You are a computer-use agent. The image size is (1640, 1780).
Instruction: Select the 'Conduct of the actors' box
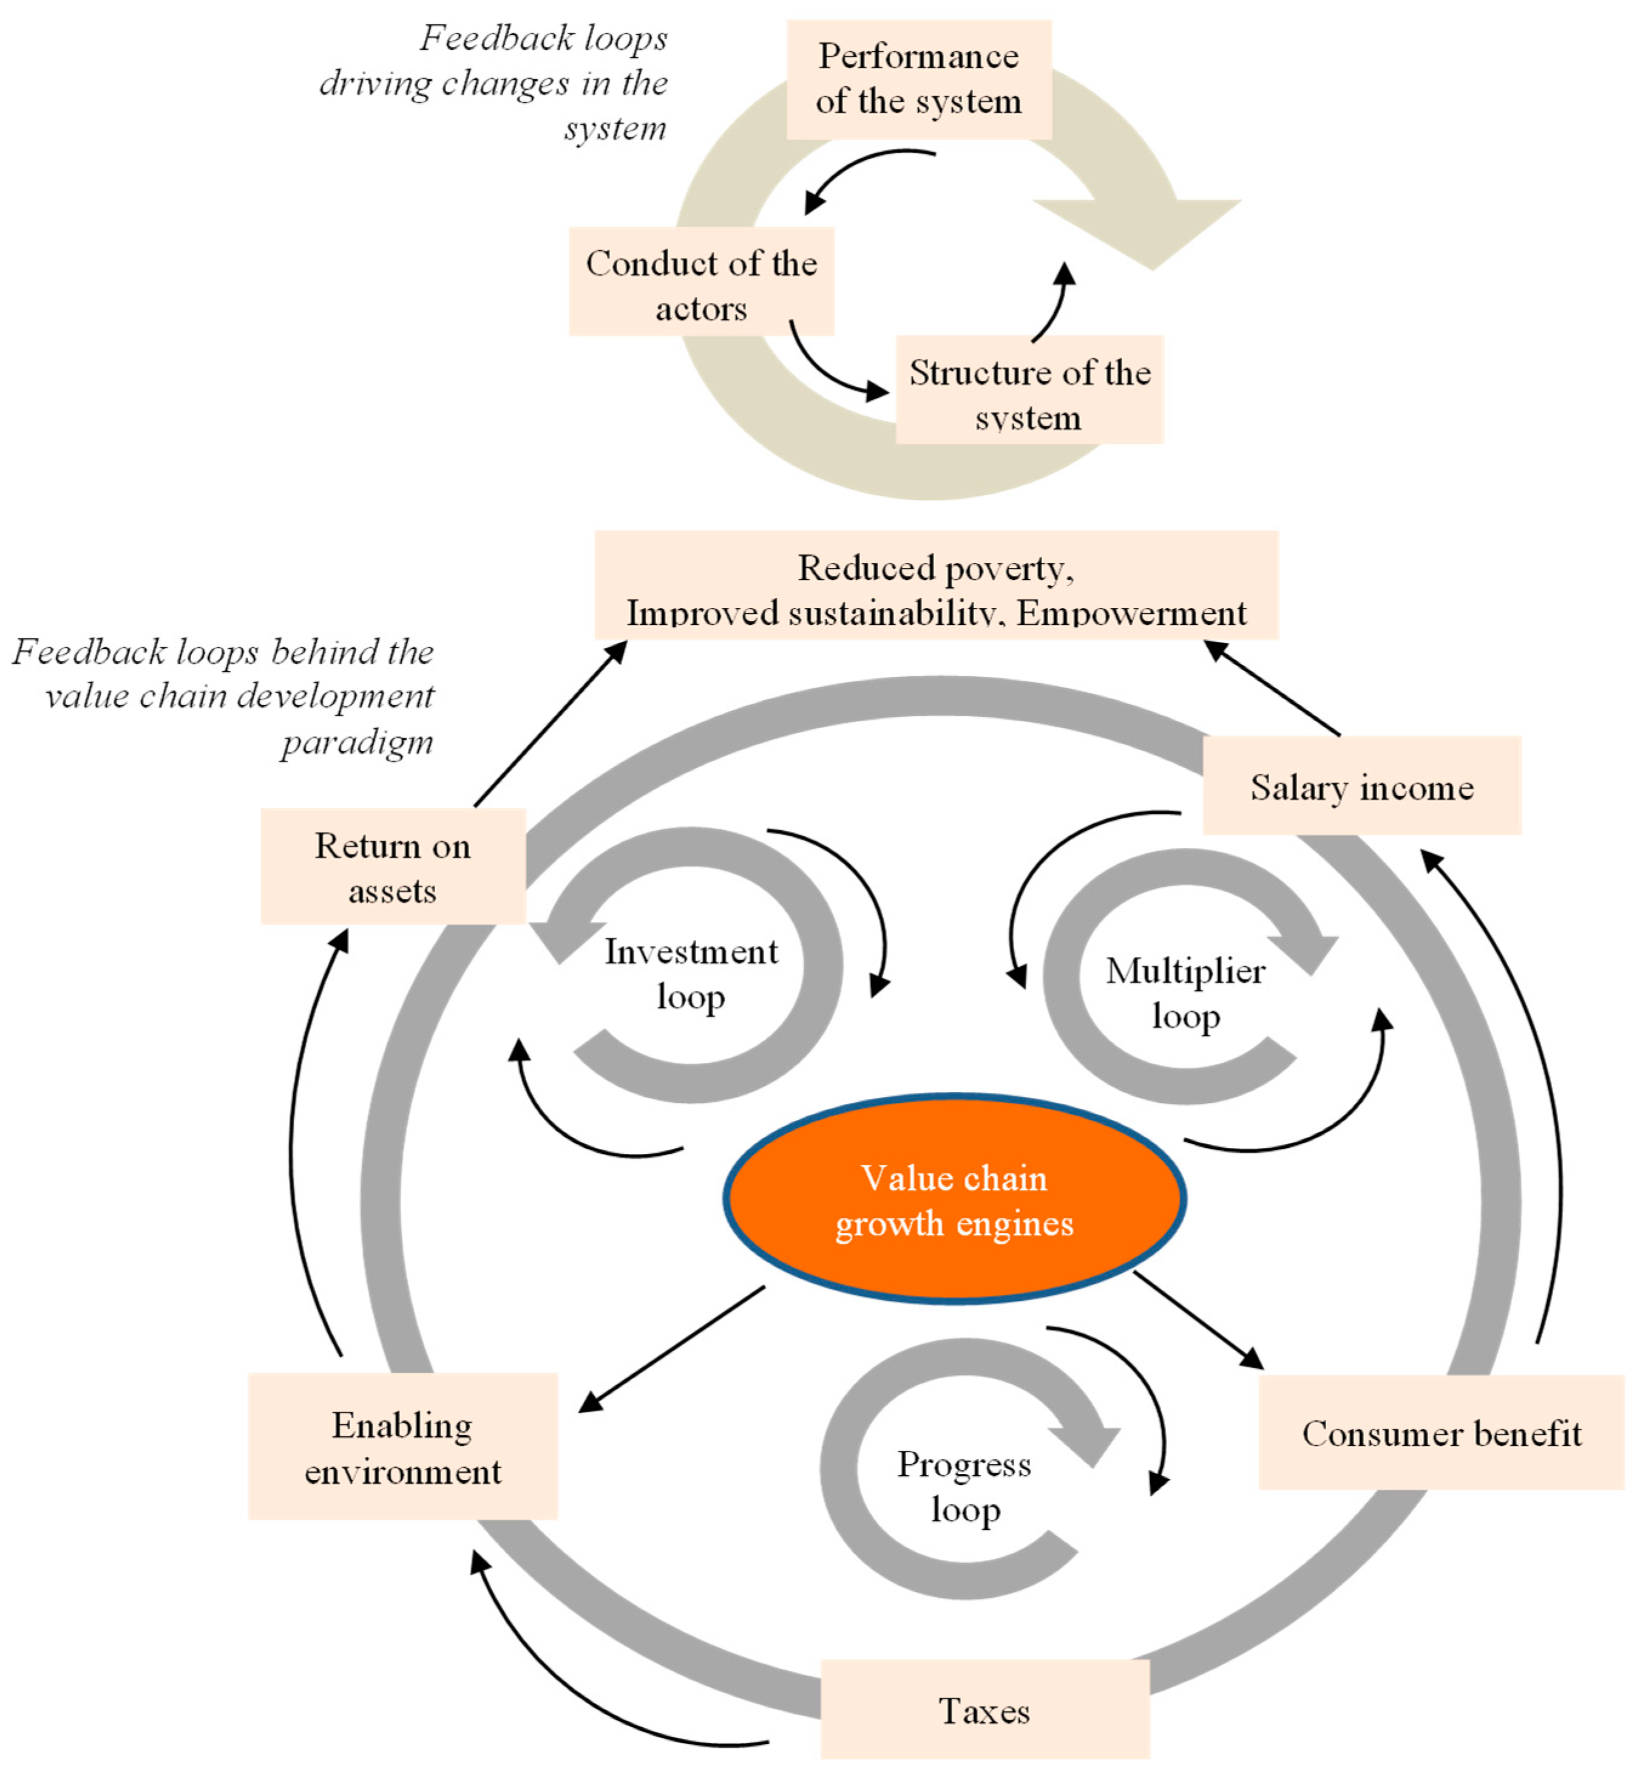[701, 281]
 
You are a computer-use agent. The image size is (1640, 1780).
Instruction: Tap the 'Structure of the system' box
[1029, 390]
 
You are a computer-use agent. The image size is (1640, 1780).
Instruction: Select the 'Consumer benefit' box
[1441, 1433]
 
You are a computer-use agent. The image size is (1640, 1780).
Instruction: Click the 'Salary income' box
[1361, 786]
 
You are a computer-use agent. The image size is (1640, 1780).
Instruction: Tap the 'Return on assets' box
[393, 867]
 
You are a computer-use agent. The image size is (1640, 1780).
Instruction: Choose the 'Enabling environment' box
[403, 1447]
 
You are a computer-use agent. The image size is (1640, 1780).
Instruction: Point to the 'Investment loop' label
[691, 973]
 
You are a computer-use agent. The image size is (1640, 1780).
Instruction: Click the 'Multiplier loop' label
[1185, 992]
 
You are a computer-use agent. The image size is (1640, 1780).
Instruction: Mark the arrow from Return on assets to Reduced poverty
[551, 723]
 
